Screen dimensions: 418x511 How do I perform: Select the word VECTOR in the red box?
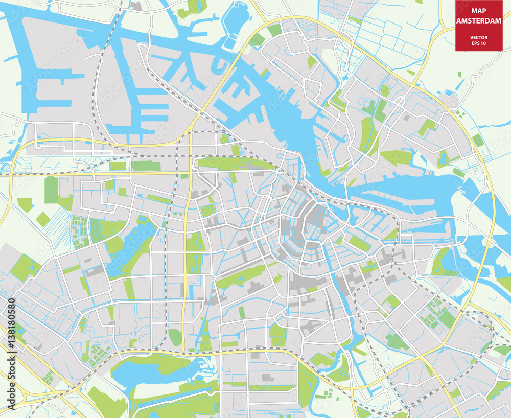[479, 38]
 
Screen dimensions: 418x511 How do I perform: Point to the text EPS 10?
[479, 43]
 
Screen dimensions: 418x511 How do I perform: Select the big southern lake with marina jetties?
[148, 373]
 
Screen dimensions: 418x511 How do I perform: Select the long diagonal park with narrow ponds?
[240, 276]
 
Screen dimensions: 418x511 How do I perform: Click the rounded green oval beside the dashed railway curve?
[175, 337]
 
